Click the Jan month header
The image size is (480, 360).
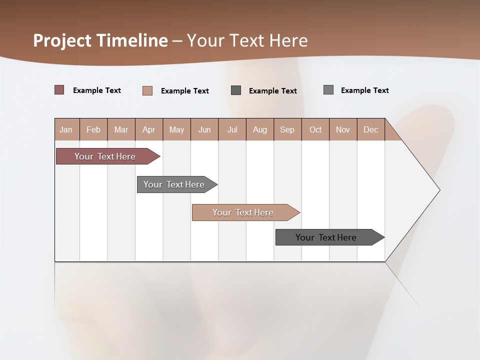tap(66, 129)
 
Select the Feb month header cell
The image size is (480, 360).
tap(93, 129)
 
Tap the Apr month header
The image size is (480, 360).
tap(149, 129)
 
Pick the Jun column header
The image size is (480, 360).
tap(204, 129)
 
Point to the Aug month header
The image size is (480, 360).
tap(260, 129)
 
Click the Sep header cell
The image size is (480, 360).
tap(287, 129)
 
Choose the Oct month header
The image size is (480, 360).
tap(315, 129)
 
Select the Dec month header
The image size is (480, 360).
tap(371, 129)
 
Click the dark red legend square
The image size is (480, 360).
tap(59, 90)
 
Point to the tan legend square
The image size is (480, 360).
tap(147, 90)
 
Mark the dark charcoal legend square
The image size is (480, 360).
tap(236, 90)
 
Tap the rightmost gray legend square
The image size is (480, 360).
tap(328, 90)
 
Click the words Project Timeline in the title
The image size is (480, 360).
tap(100, 40)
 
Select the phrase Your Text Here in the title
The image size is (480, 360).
tap(247, 40)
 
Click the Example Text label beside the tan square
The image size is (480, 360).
tap(185, 91)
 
